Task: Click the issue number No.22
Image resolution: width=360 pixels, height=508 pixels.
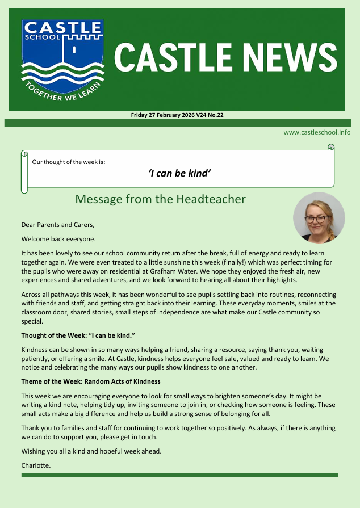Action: pyautogui.click(x=214, y=115)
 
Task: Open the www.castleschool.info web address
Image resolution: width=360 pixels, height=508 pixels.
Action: pyautogui.click(x=317, y=132)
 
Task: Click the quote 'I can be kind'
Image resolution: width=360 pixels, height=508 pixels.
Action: pyautogui.click(x=179, y=173)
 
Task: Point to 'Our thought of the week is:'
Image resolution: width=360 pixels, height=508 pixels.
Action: pyautogui.click(x=69, y=162)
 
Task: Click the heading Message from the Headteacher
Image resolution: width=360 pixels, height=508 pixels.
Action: pyautogui.click(x=160, y=199)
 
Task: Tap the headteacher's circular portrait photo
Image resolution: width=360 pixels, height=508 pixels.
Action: pyautogui.click(x=319, y=218)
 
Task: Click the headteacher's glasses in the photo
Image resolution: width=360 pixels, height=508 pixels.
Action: pyautogui.click(x=316, y=219)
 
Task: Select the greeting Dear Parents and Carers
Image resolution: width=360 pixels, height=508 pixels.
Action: pyautogui.click(x=58, y=225)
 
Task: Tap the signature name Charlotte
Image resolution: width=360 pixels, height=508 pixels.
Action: pyautogui.click(x=36, y=465)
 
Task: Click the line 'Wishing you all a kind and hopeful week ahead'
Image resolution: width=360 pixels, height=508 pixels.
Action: pyautogui.click(x=91, y=451)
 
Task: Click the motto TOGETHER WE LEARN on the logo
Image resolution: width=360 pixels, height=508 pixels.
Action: pyautogui.click(x=62, y=91)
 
